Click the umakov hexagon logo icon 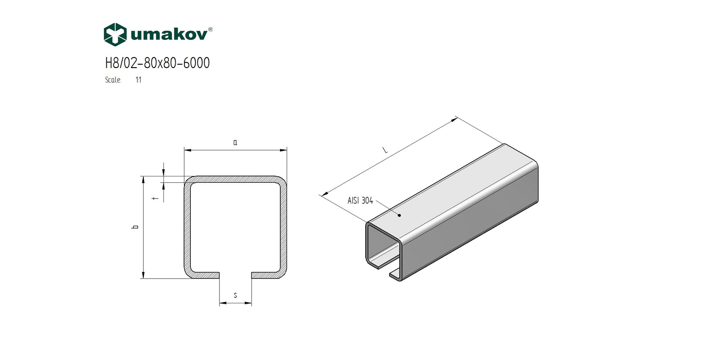coord(115,34)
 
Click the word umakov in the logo coord(169,34)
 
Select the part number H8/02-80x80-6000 coord(157,63)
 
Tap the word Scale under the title coord(113,80)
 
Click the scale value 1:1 coord(139,80)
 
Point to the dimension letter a coord(235,143)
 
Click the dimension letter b coord(135,227)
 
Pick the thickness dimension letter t coord(157,198)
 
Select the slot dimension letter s coord(235,296)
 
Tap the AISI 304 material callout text coord(360,201)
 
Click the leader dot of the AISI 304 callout coord(399,215)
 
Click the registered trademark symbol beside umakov coord(210,29)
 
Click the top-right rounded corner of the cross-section coord(282,181)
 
